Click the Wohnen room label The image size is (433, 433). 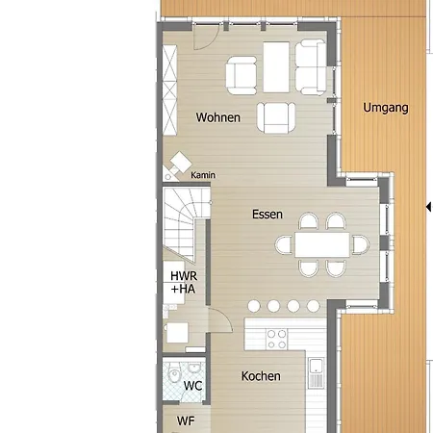click(218, 117)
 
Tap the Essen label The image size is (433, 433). click(267, 215)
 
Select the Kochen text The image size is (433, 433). click(261, 376)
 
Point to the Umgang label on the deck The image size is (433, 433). click(386, 108)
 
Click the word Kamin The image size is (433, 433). click(203, 175)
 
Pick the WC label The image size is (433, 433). click(192, 386)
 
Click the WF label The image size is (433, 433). click(186, 420)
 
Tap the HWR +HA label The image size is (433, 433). click(184, 282)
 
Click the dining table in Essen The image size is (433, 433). click(322, 244)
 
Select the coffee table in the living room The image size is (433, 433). click(276, 67)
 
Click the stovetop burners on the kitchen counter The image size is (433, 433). click(276, 340)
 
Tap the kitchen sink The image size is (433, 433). click(316, 373)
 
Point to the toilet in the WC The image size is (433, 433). click(175, 375)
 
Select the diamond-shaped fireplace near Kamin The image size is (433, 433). click(181, 162)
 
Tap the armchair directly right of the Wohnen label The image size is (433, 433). click(276, 117)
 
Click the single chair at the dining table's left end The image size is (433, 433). click(284, 244)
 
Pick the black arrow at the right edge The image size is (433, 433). click(428, 207)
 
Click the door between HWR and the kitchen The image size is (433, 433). click(220, 319)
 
